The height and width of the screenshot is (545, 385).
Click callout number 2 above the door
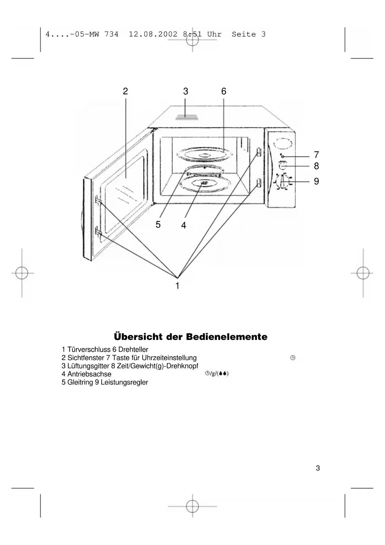coord(125,91)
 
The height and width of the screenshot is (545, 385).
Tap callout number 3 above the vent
coord(186,91)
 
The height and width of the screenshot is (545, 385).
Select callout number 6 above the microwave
coord(224,91)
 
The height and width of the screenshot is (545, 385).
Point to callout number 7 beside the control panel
coord(316,154)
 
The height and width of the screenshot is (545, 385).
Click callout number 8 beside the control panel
coord(316,166)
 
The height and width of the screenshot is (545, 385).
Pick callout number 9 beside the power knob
coord(316,181)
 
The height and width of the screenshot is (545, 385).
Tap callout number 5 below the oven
coord(158,224)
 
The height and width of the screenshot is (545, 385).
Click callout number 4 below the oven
coord(184,225)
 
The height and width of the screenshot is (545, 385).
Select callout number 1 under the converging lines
coord(177,286)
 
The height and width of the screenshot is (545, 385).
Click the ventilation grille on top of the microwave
coord(186,117)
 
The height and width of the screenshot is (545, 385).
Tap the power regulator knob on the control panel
coord(283,181)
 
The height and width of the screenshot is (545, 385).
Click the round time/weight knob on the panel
coord(282,166)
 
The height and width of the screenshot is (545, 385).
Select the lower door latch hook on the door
coord(98,232)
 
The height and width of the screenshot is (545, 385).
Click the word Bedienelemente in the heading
coord(226,337)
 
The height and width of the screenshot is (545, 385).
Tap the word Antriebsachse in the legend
coord(89,374)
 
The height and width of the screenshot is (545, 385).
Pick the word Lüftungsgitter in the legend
coord(88,366)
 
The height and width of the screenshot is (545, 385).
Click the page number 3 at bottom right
coord(318,468)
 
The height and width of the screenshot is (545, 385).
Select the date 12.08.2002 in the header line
coord(153,34)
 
